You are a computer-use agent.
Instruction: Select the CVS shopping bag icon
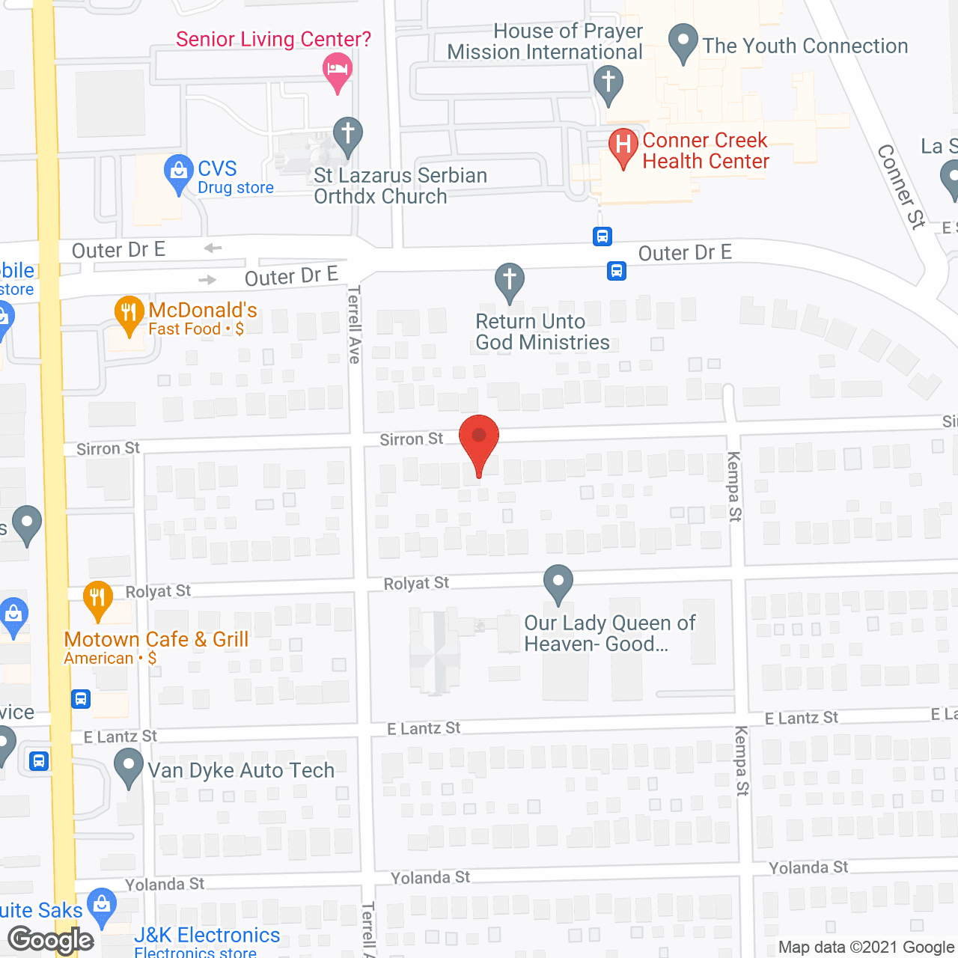178,172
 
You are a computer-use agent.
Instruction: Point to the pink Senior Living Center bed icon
338,70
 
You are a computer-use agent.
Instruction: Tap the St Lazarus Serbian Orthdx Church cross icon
347,135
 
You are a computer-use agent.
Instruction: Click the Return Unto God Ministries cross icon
510,281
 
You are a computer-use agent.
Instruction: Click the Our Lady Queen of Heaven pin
558,582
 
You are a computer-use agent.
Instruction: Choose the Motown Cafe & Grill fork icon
97,599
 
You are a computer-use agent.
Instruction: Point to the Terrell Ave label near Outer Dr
354,324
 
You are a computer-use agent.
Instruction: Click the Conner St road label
902,186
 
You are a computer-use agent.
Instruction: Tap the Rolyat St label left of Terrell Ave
158,591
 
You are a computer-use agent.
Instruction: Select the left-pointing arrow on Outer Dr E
213,248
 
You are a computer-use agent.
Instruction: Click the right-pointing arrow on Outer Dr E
207,280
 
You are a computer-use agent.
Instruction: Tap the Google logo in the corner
51,940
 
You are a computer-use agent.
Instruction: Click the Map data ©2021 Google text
867,947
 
